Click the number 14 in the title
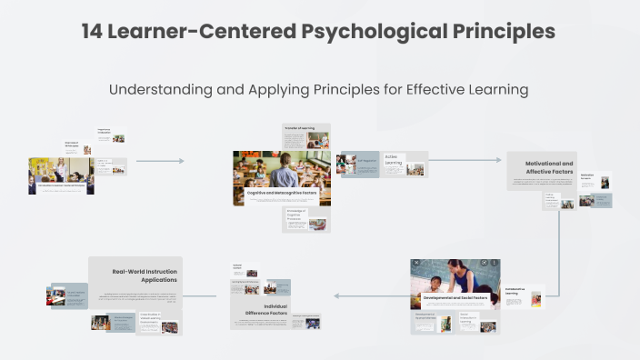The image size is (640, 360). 92,32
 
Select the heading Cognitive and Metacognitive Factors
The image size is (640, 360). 281,194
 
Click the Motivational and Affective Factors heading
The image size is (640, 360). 549,167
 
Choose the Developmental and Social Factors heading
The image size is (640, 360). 455,297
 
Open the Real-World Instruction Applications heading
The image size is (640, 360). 145,275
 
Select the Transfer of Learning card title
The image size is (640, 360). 299,129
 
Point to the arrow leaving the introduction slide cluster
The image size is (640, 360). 159,161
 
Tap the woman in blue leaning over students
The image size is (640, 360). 475,272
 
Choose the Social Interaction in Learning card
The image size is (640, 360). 472,320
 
